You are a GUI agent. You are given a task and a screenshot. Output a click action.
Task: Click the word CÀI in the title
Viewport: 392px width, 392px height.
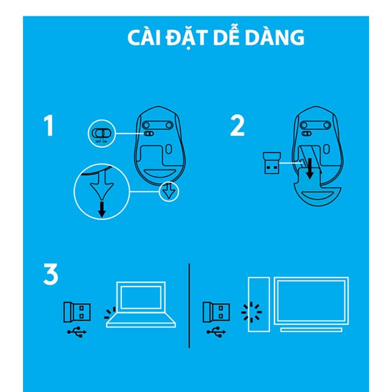click(144, 37)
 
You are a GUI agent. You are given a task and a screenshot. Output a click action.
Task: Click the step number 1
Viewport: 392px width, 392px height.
click(48, 125)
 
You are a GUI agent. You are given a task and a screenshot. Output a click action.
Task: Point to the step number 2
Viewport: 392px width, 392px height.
click(237, 125)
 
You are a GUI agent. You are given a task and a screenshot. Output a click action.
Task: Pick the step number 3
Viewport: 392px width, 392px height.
click(51, 274)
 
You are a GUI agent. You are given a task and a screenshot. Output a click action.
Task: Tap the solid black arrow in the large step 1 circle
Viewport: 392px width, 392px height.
click(101, 210)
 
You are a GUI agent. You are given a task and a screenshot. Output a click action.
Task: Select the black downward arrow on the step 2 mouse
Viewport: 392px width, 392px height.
click(310, 168)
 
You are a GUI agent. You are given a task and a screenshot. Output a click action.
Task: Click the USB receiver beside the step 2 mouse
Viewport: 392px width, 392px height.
click(272, 163)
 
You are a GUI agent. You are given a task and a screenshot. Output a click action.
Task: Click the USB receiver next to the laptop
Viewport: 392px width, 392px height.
click(77, 312)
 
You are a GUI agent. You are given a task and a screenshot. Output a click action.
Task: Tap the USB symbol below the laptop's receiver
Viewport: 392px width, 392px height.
click(77, 332)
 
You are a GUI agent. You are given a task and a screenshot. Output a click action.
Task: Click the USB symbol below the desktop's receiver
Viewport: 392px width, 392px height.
click(216, 332)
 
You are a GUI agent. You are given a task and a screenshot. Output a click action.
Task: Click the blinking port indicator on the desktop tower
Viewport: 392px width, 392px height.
click(251, 312)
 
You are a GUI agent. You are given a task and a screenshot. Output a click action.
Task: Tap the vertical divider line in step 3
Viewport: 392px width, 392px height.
click(189, 306)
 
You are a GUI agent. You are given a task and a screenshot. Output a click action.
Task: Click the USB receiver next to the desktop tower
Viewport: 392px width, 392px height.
click(217, 312)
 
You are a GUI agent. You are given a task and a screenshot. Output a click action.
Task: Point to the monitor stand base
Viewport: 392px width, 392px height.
click(311, 330)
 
